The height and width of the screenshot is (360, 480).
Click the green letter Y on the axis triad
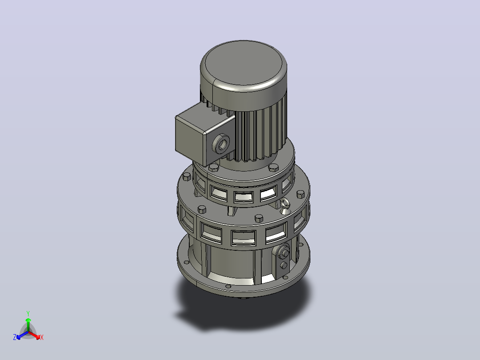tap(28, 313)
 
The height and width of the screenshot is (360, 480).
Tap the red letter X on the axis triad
tap(42, 337)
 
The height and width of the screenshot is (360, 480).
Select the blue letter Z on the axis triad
tap(15, 337)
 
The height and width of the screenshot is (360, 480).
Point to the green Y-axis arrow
tap(28, 325)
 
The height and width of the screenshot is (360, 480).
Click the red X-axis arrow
tap(34, 335)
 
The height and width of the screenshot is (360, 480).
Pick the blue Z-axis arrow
tap(22, 335)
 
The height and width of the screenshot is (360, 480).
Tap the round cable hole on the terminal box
tap(222, 144)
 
